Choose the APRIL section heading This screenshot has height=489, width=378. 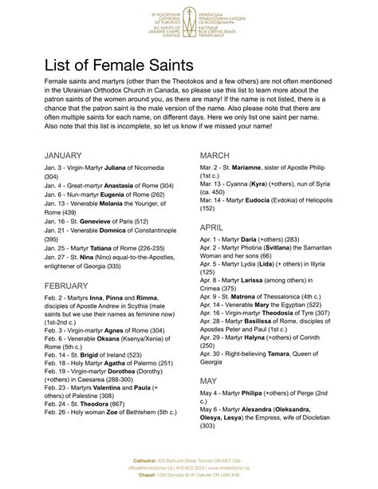click(x=213, y=227)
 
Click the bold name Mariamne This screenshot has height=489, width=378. click(x=262, y=170)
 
